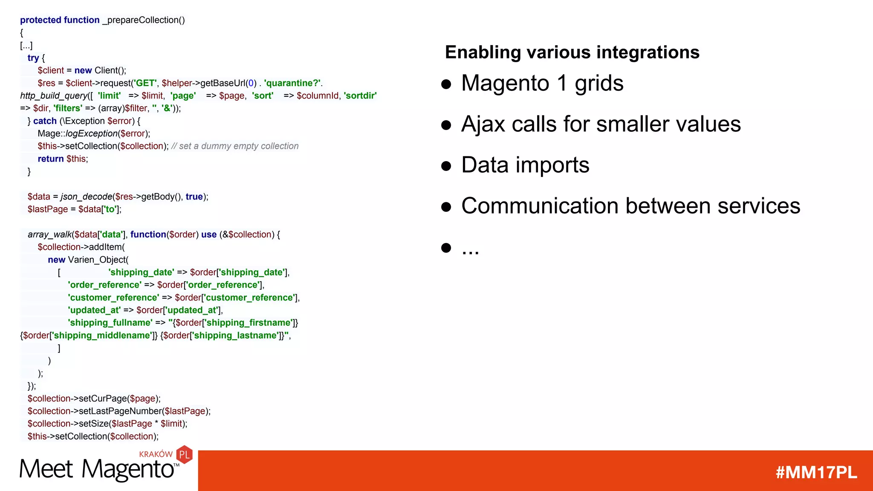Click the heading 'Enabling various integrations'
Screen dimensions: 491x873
pyautogui.click(x=572, y=52)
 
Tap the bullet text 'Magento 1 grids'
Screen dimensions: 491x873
pyautogui.click(x=542, y=83)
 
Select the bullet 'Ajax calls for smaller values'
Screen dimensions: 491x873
pyautogui.click(x=601, y=124)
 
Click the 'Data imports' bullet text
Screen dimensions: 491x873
pyautogui.click(x=525, y=165)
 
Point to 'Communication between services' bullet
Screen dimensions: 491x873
pyautogui.click(x=630, y=206)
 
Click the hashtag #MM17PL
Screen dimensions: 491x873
pyautogui.click(x=816, y=472)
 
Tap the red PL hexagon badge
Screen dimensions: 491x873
pyautogui.click(x=185, y=455)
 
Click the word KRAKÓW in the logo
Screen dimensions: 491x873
pyautogui.click(x=156, y=454)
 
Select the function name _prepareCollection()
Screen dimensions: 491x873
pyautogui.click(x=144, y=20)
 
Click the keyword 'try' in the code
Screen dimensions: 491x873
pyautogui.click(x=33, y=58)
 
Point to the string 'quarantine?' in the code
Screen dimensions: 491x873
pyautogui.click(x=292, y=83)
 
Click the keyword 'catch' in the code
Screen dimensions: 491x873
pyautogui.click(x=45, y=121)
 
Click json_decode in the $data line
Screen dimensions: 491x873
pyautogui.click(x=87, y=196)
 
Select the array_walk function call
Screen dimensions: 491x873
pyautogui.click(x=50, y=234)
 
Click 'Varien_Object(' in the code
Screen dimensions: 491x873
pyautogui.click(x=98, y=260)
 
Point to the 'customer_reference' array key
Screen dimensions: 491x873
pyautogui.click(x=113, y=297)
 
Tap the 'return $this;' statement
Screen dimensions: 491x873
pyautogui.click(x=63, y=159)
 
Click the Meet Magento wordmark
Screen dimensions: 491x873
pyautogui.click(x=97, y=469)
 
